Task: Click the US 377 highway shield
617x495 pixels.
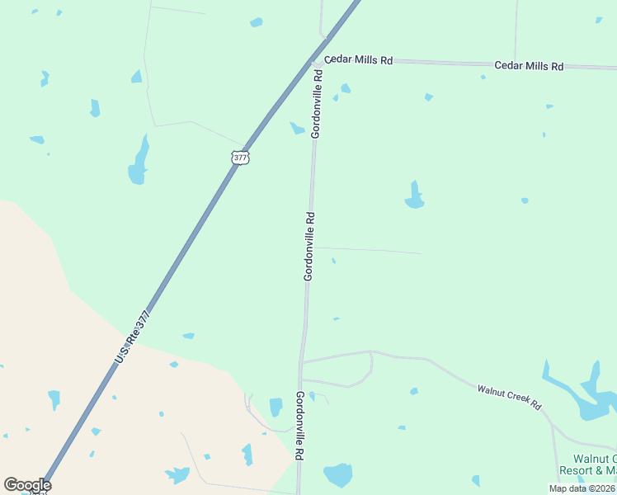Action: click(x=240, y=157)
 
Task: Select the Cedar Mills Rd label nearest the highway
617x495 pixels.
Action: click(x=358, y=60)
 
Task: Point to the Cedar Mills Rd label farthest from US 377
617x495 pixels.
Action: click(x=528, y=65)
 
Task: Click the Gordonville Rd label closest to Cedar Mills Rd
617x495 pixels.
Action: click(x=316, y=103)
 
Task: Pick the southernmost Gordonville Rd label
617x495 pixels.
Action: click(x=300, y=426)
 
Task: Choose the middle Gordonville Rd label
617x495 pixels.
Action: click(x=309, y=247)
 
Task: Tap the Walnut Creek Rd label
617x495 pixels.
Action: click(x=509, y=395)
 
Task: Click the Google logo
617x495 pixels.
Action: click(x=27, y=485)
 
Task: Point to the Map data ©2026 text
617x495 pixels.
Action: click(x=582, y=488)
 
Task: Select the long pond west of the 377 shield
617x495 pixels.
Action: click(x=139, y=163)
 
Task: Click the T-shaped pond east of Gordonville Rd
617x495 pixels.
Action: click(x=414, y=196)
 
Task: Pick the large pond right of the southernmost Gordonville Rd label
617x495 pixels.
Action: click(x=338, y=474)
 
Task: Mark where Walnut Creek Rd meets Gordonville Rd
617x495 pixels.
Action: click(x=302, y=362)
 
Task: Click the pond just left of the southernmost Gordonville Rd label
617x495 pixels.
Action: click(x=276, y=407)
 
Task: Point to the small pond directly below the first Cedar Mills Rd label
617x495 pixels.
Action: click(x=346, y=88)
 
